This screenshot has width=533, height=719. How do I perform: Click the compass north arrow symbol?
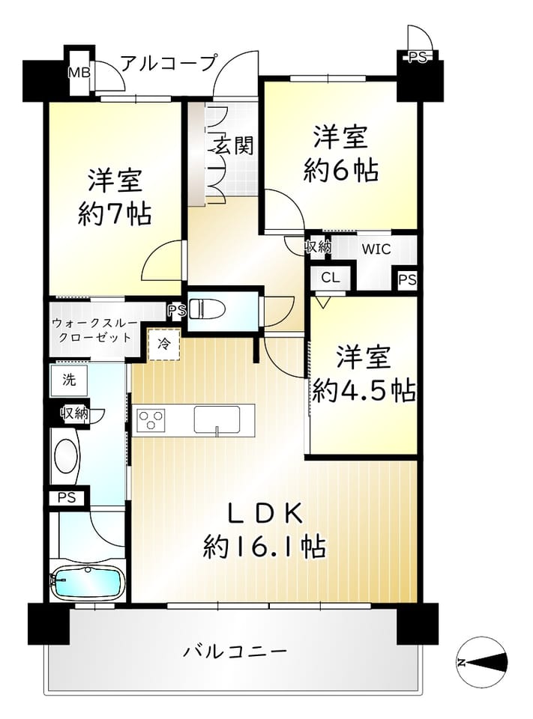(482, 661)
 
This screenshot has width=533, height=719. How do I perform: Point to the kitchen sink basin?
(217, 419)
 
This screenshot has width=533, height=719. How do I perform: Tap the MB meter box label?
(79, 73)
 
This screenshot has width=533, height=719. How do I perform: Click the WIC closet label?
(376, 249)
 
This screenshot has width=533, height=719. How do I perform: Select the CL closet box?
(331, 277)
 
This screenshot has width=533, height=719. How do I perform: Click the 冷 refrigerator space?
(163, 344)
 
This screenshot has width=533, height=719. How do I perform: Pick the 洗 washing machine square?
(69, 380)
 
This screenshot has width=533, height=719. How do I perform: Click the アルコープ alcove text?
(168, 63)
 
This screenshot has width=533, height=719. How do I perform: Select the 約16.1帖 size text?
(265, 547)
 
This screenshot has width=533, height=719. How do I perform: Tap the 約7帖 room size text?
(115, 213)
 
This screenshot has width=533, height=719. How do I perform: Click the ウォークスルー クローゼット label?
(94, 330)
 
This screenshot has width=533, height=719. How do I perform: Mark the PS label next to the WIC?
(407, 279)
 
